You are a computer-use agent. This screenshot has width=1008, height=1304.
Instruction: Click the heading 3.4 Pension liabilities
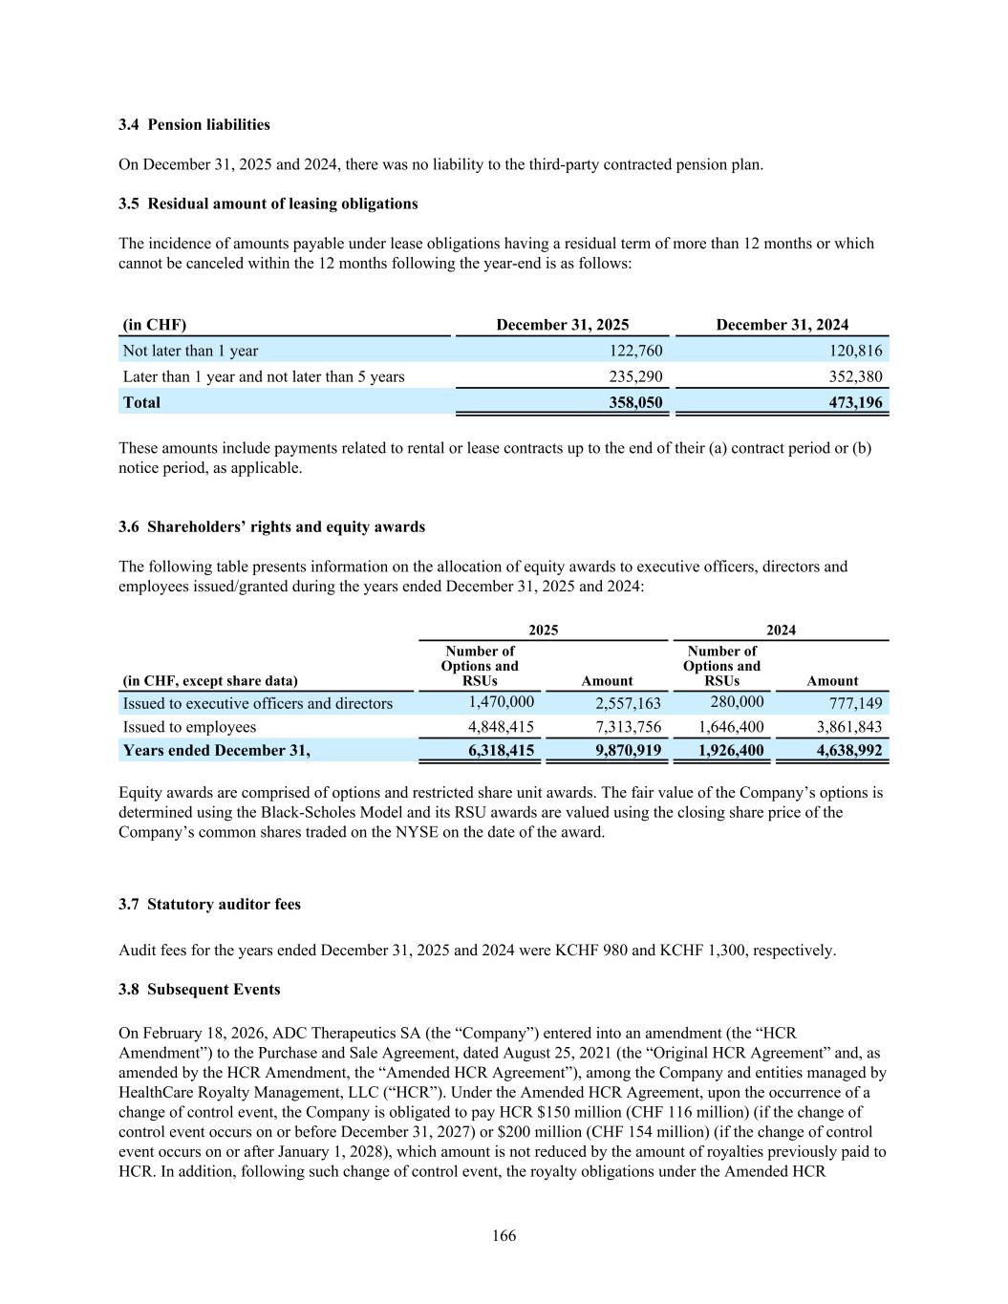point(194,125)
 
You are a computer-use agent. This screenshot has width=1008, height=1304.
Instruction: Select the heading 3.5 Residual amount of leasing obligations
point(268,203)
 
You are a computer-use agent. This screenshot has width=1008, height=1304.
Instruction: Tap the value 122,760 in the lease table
point(635,351)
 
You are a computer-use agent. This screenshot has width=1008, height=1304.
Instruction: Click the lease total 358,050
point(635,402)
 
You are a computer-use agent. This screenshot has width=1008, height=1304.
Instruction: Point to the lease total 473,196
point(855,402)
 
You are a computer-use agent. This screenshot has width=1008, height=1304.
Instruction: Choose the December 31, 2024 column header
point(782,325)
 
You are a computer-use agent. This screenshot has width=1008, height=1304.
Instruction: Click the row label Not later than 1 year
point(190,351)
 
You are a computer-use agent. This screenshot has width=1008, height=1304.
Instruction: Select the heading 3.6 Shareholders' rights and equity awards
point(271,527)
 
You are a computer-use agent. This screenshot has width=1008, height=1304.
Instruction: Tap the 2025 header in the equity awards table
point(544,630)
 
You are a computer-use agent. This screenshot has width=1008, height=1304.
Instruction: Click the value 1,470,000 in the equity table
point(501,702)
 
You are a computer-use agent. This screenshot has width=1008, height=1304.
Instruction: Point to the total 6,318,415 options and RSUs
point(501,751)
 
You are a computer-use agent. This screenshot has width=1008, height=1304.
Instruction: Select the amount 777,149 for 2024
point(856,703)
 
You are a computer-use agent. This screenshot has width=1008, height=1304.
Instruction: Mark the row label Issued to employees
point(189,727)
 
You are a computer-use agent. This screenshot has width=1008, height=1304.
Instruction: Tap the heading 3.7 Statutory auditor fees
point(209,905)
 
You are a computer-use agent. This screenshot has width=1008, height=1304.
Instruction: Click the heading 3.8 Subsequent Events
point(199,990)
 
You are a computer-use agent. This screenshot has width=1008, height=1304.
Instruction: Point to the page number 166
point(504,1236)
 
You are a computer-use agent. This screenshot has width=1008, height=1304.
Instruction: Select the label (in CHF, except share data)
point(209,681)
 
